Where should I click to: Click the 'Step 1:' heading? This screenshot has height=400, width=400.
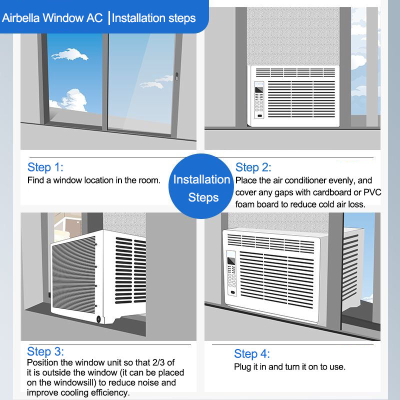coord(45,167)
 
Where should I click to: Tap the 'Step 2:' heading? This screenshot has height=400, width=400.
coord(253,167)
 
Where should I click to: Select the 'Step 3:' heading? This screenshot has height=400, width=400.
coord(45,351)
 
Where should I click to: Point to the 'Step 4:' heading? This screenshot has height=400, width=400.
coord(252,354)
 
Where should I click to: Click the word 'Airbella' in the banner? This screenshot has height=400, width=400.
coord(20,18)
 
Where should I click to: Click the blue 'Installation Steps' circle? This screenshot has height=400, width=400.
coord(201,186)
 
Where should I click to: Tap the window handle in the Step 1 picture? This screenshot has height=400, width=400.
coord(177,76)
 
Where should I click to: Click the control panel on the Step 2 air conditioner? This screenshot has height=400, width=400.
coord(259,100)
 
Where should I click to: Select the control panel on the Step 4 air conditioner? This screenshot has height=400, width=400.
coord(231,273)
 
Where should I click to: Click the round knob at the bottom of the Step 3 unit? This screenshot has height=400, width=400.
coord(98,319)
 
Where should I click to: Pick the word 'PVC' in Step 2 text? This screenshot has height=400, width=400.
coord(372,192)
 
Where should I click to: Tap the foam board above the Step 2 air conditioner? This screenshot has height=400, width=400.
coord(293,36)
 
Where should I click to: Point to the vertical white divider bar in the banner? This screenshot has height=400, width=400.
coord(109,18)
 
